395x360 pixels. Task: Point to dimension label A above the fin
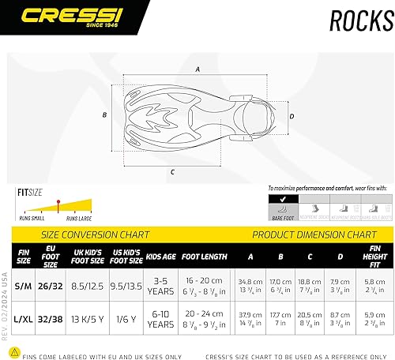click(x=197, y=69)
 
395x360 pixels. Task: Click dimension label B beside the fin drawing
click(x=105, y=115)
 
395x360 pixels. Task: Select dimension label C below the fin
click(x=173, y=170)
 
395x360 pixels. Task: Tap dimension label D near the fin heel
click(x=292, y=116)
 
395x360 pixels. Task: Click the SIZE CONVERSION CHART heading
click(x=95, y=234)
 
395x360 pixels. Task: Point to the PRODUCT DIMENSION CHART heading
click(x=314, y=234)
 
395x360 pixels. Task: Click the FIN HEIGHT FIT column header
click(x=375, y=256)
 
